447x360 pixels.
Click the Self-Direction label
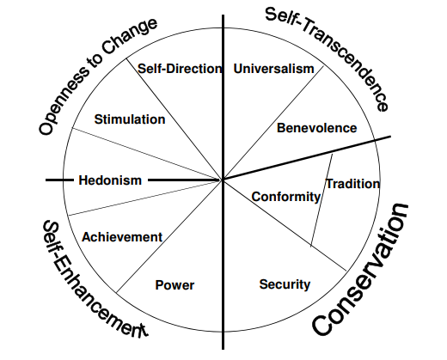pos(180,69)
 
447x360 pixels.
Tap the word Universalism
pos(274,69)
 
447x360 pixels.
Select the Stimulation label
pos(130,119)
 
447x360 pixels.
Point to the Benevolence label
pos(317,128)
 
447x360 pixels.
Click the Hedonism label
pos(110,180)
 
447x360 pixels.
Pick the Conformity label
pos(286,197)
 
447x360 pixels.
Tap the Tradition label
pos(353,184)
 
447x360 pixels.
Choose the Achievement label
pos(122,237)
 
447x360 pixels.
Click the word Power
pos(175,285)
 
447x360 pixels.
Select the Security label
pos(285,284)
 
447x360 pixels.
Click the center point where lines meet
pos(223,180)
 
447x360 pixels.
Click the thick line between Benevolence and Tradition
pos(307,158)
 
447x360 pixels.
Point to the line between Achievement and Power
pos(169,236)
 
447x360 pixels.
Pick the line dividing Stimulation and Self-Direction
pos(175,119)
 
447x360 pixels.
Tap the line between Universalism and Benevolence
pos(273,123)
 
